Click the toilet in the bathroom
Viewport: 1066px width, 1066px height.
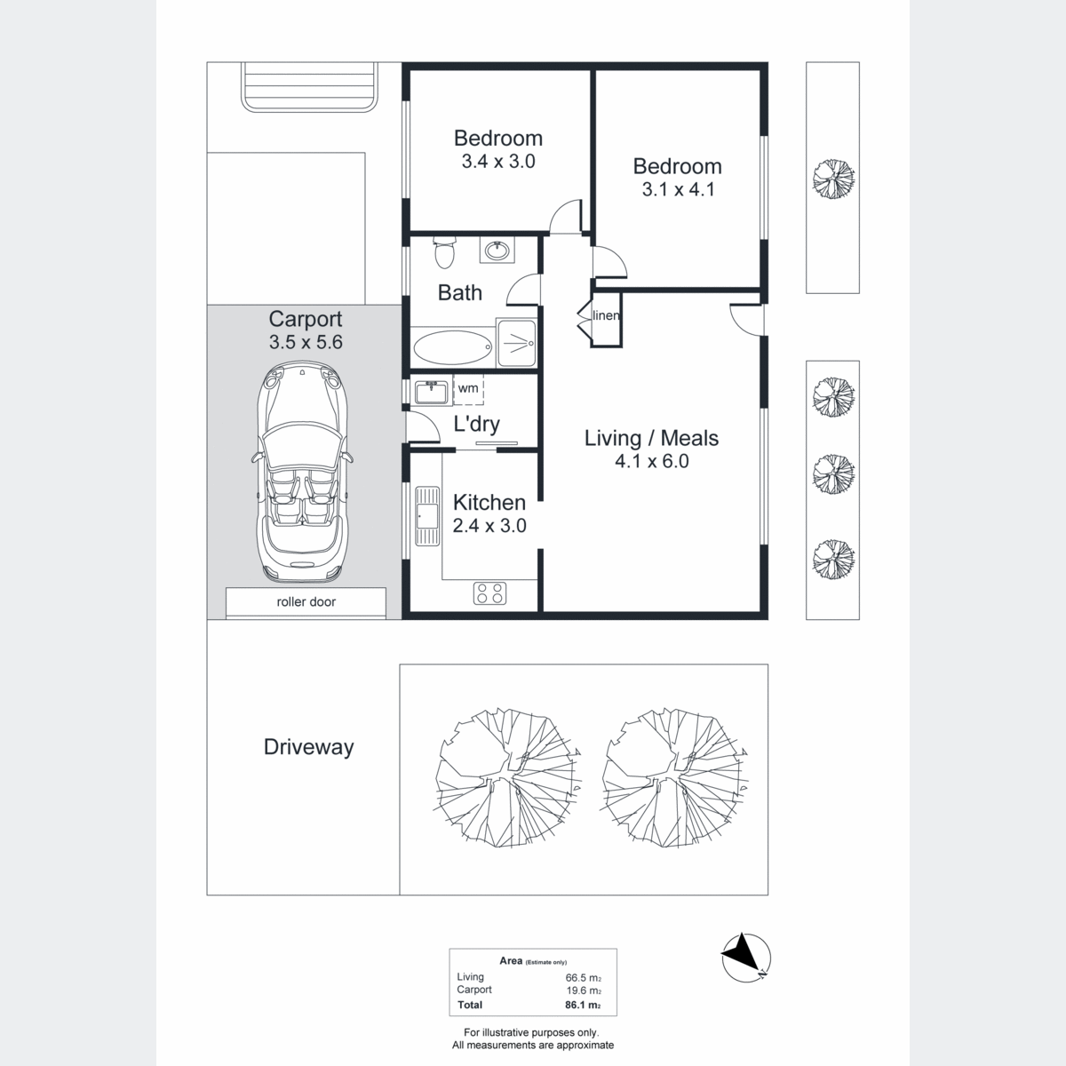443,252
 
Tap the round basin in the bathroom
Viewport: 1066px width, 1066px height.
497,250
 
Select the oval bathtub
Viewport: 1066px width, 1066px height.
452,347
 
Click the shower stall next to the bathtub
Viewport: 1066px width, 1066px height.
516,343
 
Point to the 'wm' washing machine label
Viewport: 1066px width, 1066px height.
468,388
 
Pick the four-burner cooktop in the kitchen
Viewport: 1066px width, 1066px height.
489,593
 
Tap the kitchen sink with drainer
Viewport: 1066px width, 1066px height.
426,515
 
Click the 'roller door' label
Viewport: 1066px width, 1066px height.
306,602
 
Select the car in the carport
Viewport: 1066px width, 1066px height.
303,472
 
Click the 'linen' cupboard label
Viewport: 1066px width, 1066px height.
606,315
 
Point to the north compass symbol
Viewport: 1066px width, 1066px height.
745,959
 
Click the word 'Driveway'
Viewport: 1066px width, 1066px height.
308,747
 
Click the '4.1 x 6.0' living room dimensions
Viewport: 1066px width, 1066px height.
652,461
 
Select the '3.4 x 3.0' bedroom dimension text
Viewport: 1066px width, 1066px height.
498,161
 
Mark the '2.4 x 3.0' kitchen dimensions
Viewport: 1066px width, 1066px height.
489,525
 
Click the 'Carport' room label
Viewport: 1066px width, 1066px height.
306,319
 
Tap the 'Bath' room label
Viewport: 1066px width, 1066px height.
459,292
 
